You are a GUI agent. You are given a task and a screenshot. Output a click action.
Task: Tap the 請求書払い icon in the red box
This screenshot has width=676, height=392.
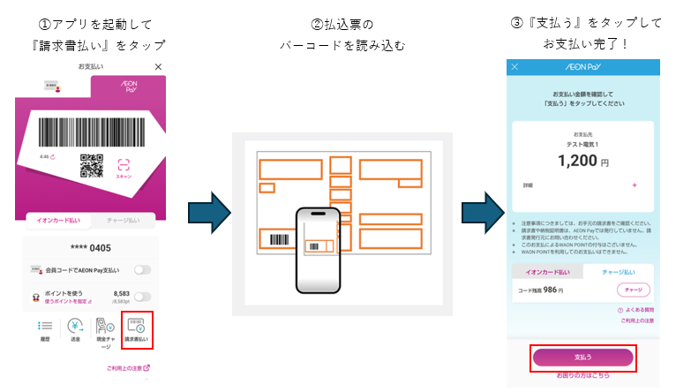(x=137, y=330)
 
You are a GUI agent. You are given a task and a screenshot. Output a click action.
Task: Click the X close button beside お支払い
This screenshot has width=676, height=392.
(x=158, y=67)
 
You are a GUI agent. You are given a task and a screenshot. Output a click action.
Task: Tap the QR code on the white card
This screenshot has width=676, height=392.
(x=91, y=165)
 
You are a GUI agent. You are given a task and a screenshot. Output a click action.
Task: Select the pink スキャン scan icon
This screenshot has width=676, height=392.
(x=124, y=165)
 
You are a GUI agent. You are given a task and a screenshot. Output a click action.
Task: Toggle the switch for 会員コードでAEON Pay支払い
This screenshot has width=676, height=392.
(x=141, y=269)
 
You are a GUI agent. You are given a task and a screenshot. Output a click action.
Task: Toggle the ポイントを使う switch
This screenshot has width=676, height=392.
(x=141, y=297)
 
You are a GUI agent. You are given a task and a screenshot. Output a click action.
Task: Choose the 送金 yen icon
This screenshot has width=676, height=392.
(x=76, y=330)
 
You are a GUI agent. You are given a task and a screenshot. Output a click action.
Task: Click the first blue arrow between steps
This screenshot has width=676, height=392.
(x=208, y=213)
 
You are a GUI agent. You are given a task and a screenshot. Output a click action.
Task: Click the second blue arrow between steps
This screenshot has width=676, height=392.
(x=482, y=213)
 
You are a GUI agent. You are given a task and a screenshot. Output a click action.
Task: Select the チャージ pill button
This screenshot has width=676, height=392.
(x=633, y=290)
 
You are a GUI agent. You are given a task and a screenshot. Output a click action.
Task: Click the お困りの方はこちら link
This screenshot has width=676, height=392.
(x=582, y=375)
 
